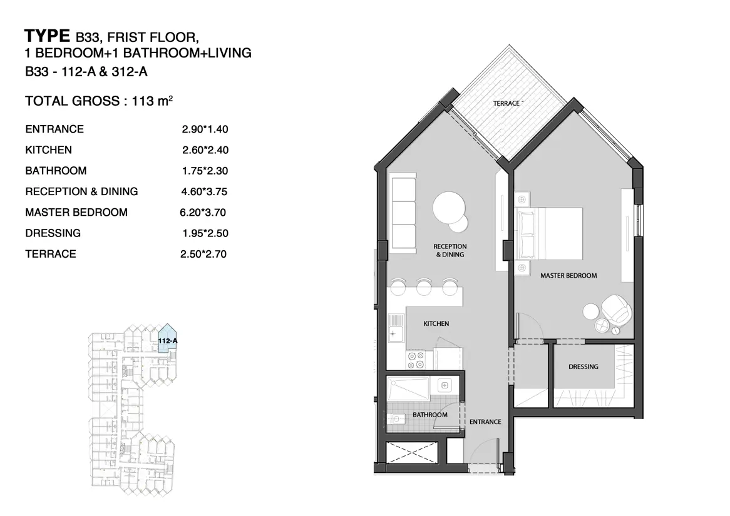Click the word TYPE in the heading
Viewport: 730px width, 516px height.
(x=47, y=36)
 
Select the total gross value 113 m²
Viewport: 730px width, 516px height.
(x=152, y=101)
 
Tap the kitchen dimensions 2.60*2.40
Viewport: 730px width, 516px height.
(x=205, y=150)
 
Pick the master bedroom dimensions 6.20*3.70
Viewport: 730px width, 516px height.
(x=203, y=213)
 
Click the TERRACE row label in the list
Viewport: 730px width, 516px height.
(x=51, y=254)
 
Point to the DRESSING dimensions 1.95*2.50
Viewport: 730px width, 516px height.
(x=205, y=233)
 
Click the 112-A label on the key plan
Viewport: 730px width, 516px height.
(x=168, y=341)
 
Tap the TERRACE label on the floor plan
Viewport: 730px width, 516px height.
(x=506, y=103)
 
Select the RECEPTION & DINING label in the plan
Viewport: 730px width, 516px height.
(x=450, y=250)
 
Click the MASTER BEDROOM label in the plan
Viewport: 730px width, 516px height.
(x=568, y=275)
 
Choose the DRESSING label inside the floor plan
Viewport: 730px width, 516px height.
(x=583, y=367)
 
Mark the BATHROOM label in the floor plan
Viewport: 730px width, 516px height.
(x=429, y=415)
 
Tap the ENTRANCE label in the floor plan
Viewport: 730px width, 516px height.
(x=485, y=422)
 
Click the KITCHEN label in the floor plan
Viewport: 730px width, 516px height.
(x=436, y=323)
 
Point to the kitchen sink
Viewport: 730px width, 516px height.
(x=396, y=328)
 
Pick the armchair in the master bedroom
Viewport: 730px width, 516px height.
(x=617, y=310)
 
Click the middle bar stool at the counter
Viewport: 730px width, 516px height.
(x=424, y=286)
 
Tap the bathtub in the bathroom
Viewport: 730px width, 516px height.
(x=408, y=388)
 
